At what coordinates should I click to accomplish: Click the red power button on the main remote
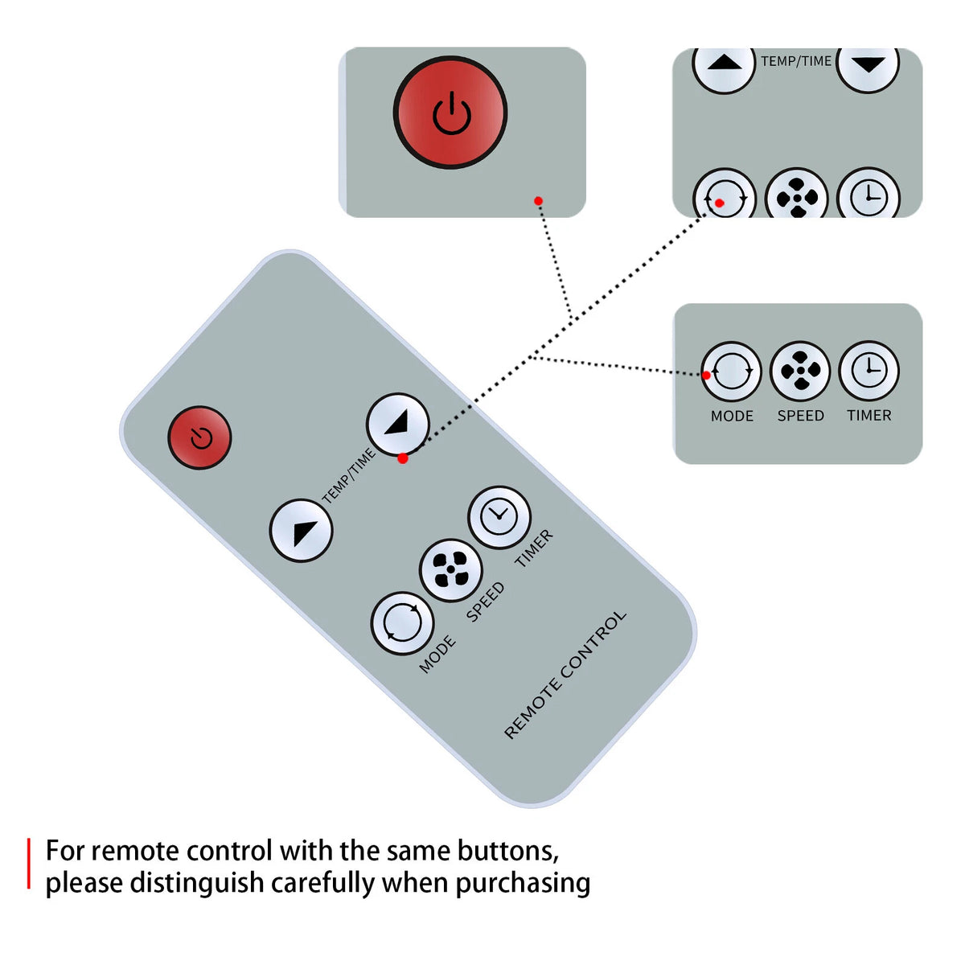pyautogui.click(x=199, y=437)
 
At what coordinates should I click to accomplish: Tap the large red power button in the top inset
pyautogui.click(x=450, y=113)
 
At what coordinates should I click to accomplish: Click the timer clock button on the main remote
pyautogui.click(x=499, y=517)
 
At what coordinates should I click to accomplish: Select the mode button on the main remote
pyautogui.click(x=402, y=623)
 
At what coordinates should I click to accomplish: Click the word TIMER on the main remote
pyautogui.click(x=534, y=549)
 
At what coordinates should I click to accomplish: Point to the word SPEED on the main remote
pyautogui.click(x=485, y=602)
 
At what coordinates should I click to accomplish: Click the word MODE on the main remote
pyautogui.click(x=437, y=654)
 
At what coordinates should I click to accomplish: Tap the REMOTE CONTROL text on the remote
pyautogui.click(x=565, y=675)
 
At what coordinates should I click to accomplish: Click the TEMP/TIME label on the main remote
pyautogui.click(x=348, y=476)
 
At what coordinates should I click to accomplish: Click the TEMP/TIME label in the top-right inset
pyautogui.click(x=796, y=61)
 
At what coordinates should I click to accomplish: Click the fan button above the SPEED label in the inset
pyautogui.click(x=800, y=371)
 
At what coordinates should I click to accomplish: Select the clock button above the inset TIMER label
pyautogui.click(x=868, y=371)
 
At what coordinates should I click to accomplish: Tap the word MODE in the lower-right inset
pyautogui.click(x=732, y=416)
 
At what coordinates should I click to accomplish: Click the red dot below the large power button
pyautogui.click(x=538, y=201)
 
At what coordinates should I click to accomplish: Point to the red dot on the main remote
pyautogui.click(x=403, y=458)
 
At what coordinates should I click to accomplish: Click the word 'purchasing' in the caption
pyautogui.click(x=523, y=883)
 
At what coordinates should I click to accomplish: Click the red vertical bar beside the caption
pyautogui.click(x=29, y=864)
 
